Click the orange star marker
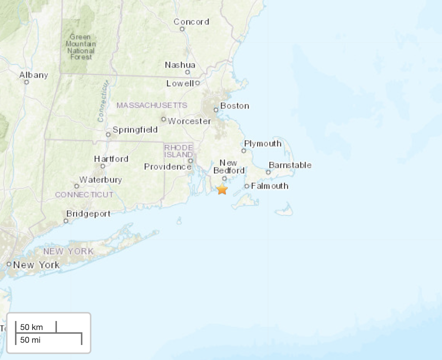tap(222, 189)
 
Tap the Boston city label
tap(234, 106)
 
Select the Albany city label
tap(34, 75)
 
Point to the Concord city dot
tap(182, 29)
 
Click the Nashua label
tap(180, 65)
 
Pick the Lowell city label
tap(180, 83)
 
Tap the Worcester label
tap(190, 121)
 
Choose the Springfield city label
tap(135, 130)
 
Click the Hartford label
tap(111, 159)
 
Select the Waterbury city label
tap(100, 180)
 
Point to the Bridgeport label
tap(88, 214)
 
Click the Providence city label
tap(167, 166)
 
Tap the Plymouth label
tap(263, 144)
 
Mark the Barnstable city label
tap(290, 165)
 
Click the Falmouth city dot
tap(247, 186)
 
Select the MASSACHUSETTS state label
tap(152, 105)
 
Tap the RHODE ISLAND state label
tap(179, 151)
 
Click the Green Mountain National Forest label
tap(81, 47)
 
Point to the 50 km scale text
tap(31, 327)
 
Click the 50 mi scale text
tap(30, 340)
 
